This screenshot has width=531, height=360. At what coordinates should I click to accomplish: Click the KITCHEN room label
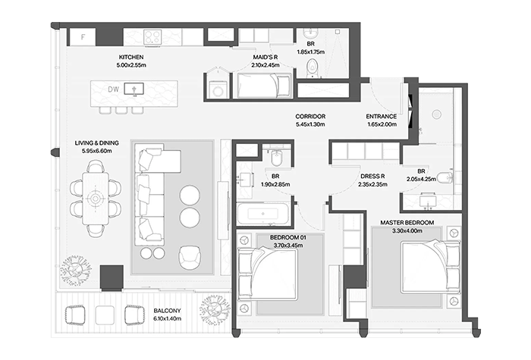[131, 57]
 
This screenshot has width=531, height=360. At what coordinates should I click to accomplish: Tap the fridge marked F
[83, 37]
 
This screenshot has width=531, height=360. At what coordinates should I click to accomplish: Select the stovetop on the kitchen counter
[152, 36]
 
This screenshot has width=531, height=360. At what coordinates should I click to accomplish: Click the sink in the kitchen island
[134, 89]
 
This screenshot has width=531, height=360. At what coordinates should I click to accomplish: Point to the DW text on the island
[114, 89]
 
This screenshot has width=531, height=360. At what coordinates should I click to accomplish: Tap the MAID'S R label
[265, 57]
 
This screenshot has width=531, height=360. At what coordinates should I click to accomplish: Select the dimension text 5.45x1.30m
[310, 124]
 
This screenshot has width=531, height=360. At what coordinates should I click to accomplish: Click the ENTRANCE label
[382, 117]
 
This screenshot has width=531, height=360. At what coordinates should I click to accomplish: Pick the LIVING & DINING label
[97, 143]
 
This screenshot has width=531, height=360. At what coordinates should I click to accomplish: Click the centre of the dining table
[96, 199]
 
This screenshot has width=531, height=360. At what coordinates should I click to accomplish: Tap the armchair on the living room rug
[190, 256]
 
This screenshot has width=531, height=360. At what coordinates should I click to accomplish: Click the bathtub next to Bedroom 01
[263, 214]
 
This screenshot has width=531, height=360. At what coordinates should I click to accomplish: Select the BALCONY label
[168, 311]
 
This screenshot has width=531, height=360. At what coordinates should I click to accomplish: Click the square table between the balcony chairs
[105, 315]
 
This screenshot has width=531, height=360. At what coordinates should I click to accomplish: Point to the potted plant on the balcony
[215, 310]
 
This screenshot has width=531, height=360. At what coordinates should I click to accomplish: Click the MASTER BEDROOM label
[407, 223]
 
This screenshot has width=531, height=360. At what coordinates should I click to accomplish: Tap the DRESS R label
[372, 177]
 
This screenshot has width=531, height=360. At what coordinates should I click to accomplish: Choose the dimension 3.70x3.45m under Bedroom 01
[288, 246]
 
